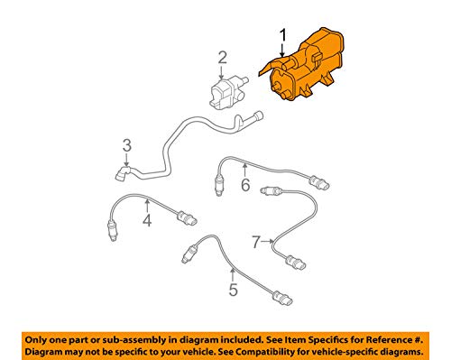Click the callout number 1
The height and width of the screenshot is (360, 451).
click(283, 36)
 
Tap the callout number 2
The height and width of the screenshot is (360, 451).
click(223, 58)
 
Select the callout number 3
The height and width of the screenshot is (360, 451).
click(127, 145)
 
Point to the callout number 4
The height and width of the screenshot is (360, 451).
click(147, 220)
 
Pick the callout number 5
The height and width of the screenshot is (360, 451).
click(234, 290)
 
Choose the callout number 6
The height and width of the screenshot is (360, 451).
click(245, 185)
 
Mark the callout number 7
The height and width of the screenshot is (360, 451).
click(256, 242)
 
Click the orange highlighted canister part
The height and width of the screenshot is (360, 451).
click(302, 66)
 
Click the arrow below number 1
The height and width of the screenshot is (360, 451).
click(282, 51)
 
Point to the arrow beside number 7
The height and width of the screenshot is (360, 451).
click(267, 241)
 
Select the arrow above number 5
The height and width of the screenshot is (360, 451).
click(232, 275)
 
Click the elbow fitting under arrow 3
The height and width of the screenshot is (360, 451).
click(122, 173)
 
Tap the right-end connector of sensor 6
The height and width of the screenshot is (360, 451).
click(319, 182)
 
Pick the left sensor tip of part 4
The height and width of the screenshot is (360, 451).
click(112, 231)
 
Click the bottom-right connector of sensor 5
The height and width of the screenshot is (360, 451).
click(282, 298)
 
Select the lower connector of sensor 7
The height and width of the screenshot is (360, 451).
click(296, 262)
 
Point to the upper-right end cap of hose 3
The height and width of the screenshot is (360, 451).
click(258, 116)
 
